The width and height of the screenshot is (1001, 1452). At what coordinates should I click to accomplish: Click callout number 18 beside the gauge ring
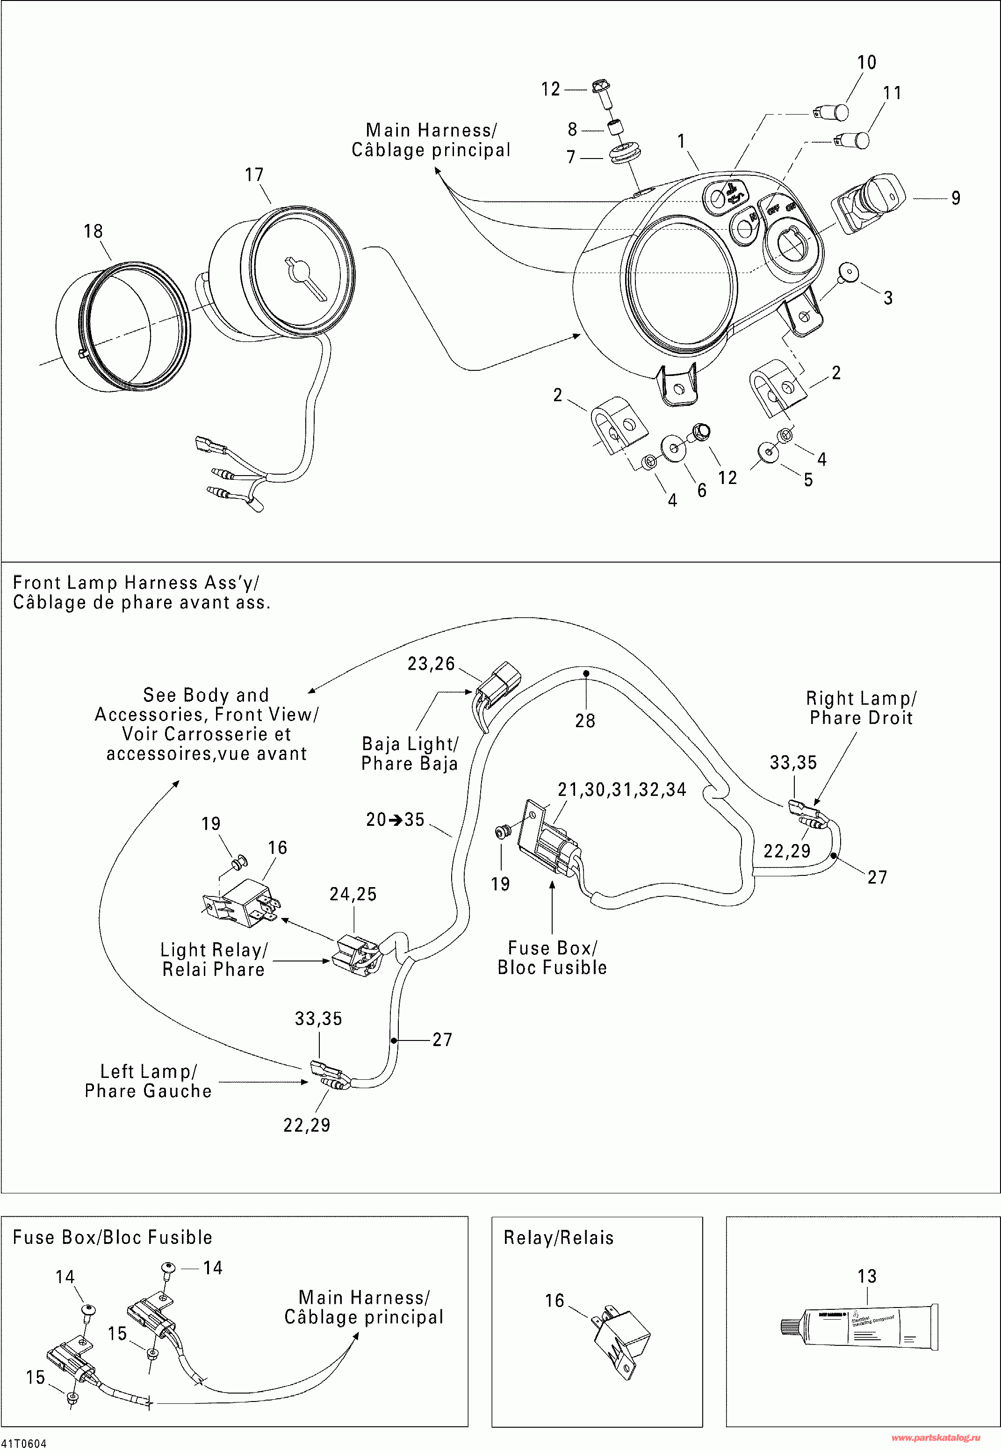(x=93, y=231)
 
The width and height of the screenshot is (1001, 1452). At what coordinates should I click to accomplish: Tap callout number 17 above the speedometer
(x=254, y=174)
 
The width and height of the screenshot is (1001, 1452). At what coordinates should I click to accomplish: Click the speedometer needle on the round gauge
(x=304, y=276)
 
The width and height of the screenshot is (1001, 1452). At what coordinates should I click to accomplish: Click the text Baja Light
(x=410, y=744)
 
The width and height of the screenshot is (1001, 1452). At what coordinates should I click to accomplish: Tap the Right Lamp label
(x=861, y=698)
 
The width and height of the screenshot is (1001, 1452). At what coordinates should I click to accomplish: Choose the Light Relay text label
(x=214, y=950)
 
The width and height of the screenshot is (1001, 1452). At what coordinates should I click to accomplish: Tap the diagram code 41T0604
(x=24, y=1444)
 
